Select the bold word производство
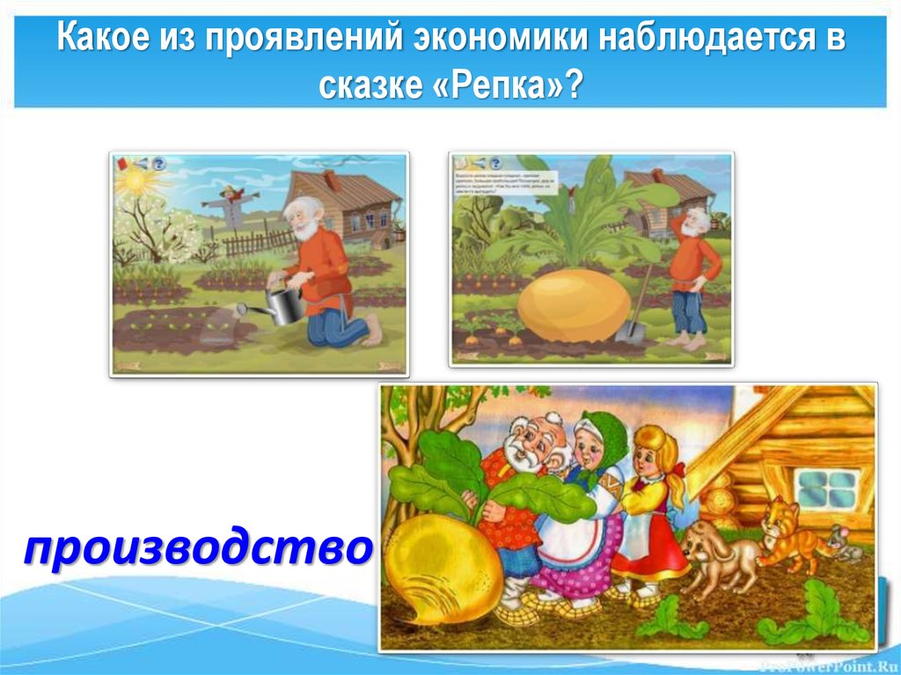click(x=197, y=550)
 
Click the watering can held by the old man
click(x=282, y=304)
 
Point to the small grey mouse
click(x=841, y=543)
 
